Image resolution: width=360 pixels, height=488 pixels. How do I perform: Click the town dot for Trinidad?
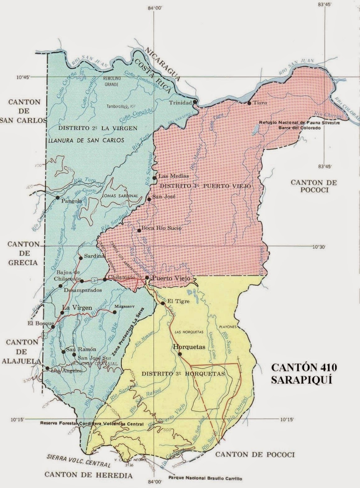[x=195, y=102]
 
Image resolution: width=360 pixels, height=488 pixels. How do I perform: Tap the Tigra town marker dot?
[x=249, y=103]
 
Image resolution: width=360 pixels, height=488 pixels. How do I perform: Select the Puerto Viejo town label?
[x=170, y=278]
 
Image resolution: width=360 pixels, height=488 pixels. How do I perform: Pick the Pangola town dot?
[x=58, y=197]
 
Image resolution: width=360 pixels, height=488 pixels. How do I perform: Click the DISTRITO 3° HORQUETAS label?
[x=182, y=374]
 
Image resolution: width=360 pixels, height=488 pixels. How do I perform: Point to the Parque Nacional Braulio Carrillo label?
[x=205, y=479]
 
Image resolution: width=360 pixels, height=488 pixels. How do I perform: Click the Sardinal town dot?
[x=81, y=258]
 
